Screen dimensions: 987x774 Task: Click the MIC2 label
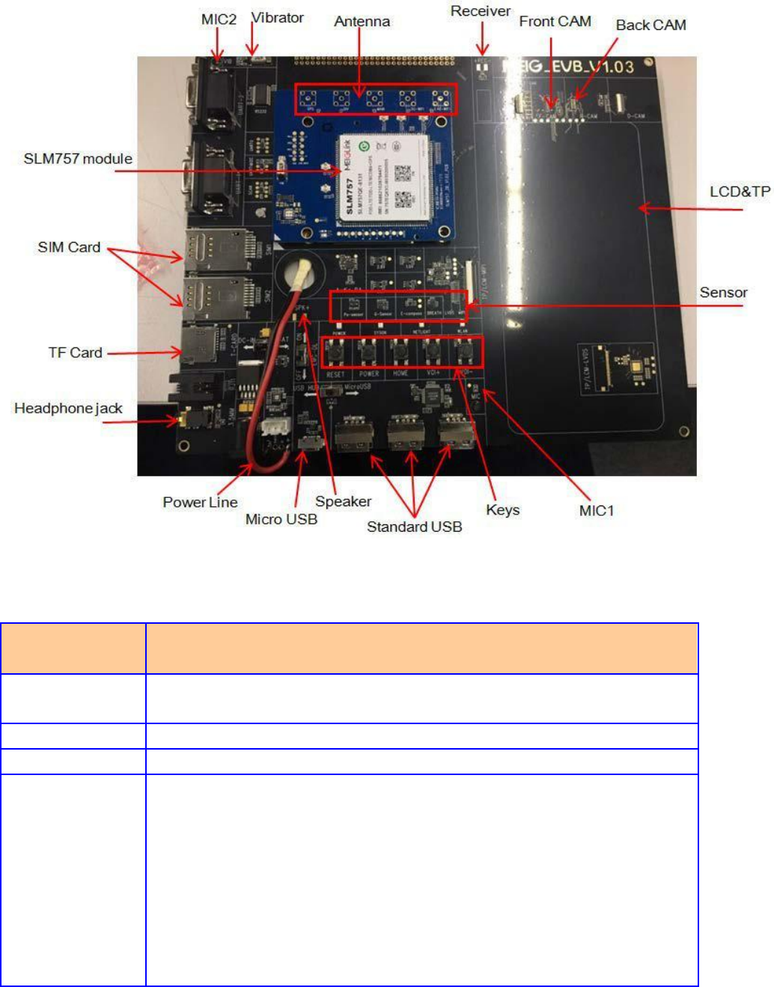(x=219, y=19)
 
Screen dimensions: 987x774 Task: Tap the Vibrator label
(x=277, y=18)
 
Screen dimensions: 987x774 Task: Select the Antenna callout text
(x=362, y=22)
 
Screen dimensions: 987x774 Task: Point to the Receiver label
(x=480, y=11)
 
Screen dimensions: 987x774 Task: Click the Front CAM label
(x=555, y=22)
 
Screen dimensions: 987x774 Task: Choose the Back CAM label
(x=650, y=25)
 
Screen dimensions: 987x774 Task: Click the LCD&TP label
(x=740, y=192)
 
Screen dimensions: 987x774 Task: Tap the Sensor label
(x=723, y=293)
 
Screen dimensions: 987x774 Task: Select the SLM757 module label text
(x=78, y=159)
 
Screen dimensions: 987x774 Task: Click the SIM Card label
(x=69, y=247)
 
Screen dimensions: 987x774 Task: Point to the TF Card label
(x=75, y=353)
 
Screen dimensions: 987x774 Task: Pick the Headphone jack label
(x=68, y=408)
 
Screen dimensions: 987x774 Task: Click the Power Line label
(x=200, y=502)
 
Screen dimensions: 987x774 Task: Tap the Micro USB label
(x=281, y=519)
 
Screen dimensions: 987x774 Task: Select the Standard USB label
(x=414, y=527)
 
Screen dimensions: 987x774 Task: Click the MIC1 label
(x=596, y=511)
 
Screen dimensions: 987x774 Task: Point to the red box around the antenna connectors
(x=374, y=99)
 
